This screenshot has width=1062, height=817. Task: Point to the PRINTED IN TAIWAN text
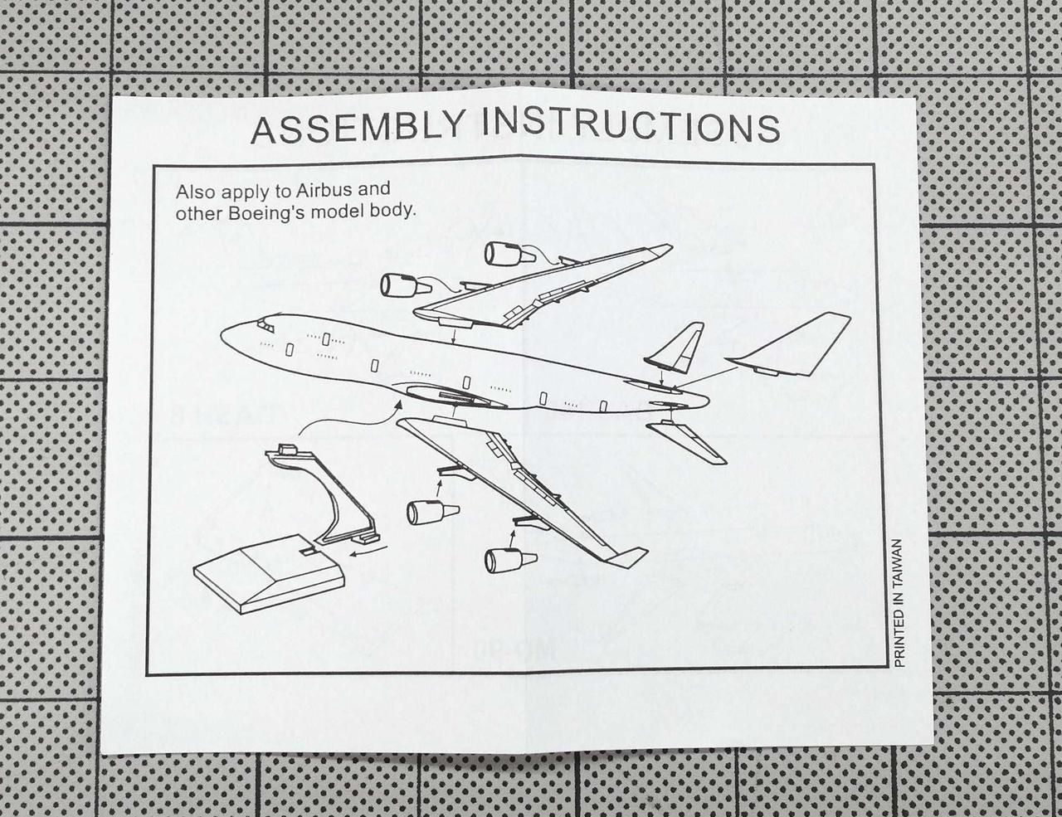point(899,603)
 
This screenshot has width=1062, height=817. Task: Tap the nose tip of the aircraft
point(222,335)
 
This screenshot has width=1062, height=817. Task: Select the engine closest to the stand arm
point(433,512)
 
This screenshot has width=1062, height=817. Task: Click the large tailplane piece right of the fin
point(792,344)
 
